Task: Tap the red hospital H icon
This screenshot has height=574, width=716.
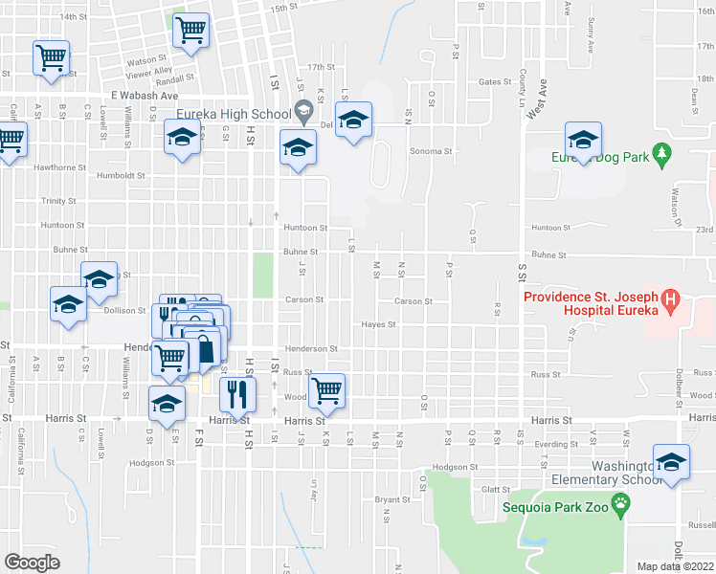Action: tap(671, 302)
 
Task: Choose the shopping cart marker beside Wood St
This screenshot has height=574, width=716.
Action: tap(327, 388)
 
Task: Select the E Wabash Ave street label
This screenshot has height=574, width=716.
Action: tap(145, 96)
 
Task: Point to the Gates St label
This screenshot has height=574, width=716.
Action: tap(496, 82)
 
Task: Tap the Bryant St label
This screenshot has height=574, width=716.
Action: tap(392, 499)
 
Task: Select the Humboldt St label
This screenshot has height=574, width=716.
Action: tap(121, 176)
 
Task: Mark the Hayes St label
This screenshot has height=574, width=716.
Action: tap(378, 324)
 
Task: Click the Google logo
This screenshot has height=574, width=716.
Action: tap(33, 563)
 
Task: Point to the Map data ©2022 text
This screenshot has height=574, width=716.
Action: tap(675, 566)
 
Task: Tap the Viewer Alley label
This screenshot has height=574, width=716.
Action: tap(149, 71)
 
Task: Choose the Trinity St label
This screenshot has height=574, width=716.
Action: tap(58, 201)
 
